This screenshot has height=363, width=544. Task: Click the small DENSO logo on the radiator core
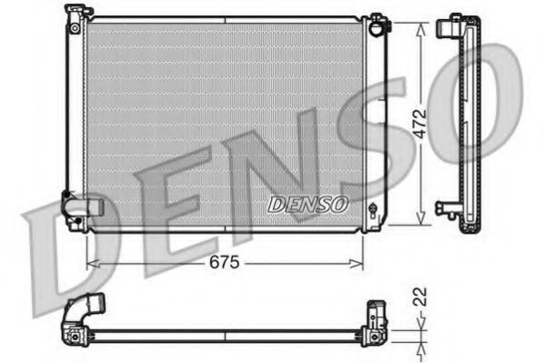307,204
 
